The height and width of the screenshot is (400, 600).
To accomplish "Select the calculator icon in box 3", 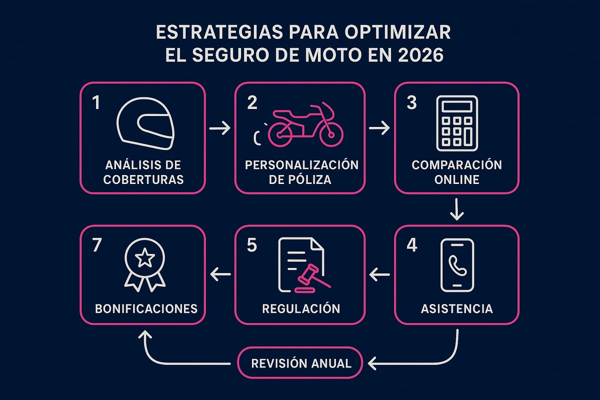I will point(456,123).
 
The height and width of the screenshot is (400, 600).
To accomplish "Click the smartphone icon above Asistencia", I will point(456,265).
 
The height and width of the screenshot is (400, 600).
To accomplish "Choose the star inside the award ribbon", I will point(144,258).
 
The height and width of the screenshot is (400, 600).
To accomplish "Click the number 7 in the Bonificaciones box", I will point(96,246).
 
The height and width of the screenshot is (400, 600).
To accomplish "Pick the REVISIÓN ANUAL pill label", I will point(301,363).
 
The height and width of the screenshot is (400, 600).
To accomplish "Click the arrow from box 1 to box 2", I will point(219,128).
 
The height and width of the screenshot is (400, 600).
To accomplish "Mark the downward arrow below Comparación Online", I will point(456,209).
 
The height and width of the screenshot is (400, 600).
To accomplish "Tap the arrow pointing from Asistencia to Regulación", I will point(379,273).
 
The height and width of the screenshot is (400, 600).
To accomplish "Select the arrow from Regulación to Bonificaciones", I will point(220,273).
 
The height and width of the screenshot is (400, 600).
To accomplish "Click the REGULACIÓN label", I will point(301,308).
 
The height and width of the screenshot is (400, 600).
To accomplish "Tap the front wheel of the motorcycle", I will point(332,131).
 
